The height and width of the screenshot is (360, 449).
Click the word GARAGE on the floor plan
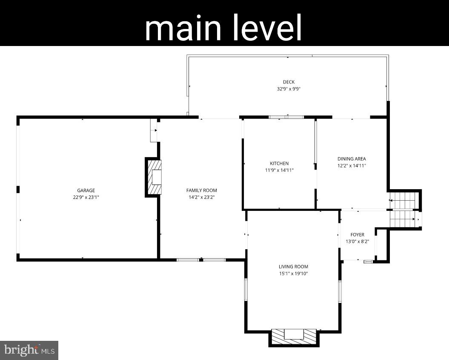[x=86, y=190]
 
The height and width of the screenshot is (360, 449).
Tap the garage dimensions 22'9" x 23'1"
[x=86, y=197]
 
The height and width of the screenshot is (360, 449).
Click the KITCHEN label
[x=279, y=163]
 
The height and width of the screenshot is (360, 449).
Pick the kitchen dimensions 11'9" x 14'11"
[x=279, y=170]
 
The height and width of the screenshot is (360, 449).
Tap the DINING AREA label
[x=352, y=159]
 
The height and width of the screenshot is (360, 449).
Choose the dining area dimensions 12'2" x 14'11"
[x=352, y=166]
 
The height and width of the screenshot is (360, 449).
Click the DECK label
[x=289, y=82]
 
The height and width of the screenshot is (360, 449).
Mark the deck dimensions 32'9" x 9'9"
[x=289, y=89]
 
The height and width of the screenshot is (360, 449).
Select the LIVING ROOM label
[x=293, y=267]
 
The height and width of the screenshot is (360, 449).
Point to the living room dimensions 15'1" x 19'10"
[x=293, y=274]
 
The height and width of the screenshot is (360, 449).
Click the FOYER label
[x=357, y=235]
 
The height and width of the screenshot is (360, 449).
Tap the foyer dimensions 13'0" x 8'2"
[x=357, y=242]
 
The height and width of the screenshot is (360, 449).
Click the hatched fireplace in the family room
[x=154, y=177]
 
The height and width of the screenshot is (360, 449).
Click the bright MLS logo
[x=29, y=350]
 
